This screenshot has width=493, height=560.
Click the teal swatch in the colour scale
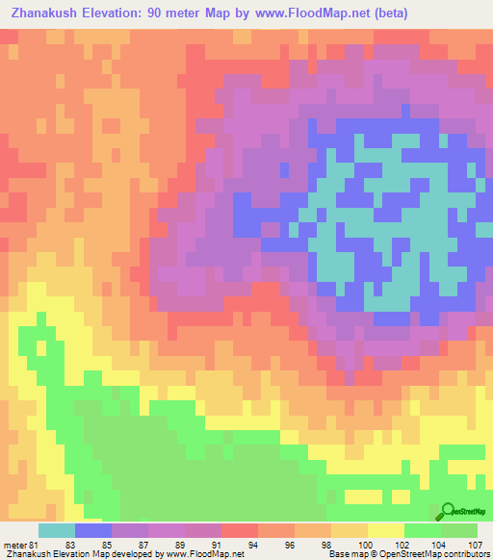[56, 530]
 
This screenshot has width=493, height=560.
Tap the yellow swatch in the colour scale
[386, 530]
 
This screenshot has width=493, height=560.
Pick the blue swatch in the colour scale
[93, 530]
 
